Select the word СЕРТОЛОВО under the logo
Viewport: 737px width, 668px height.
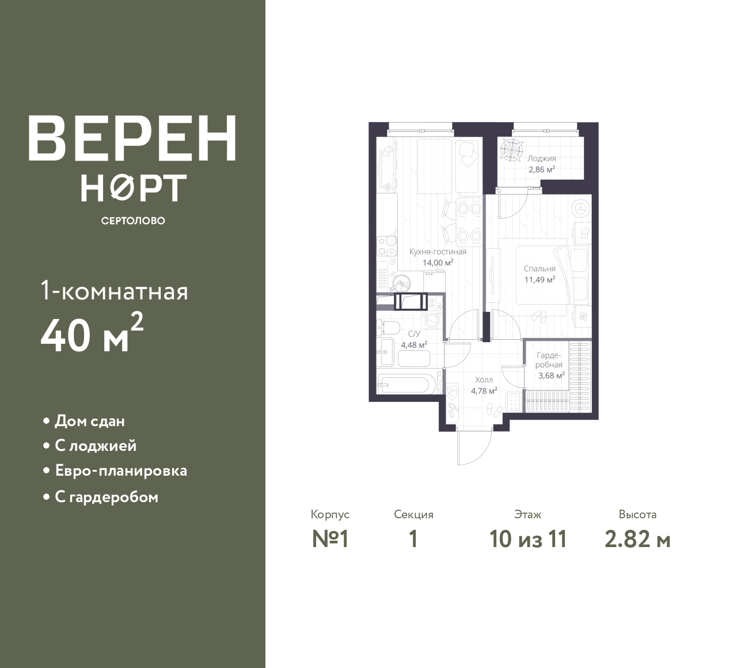pyautogui.click(x=133, y=221)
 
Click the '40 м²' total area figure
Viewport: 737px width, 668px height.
pyautogui.click(x=92, y=333)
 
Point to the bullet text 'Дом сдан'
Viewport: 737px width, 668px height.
pyautogui.click(x=90, y=421)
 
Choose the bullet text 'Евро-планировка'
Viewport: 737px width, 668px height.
pyautogui.click(x=121, y=470)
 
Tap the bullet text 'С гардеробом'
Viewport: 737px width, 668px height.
pyautogui.click(x=107, y=497)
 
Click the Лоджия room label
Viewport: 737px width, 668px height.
pyautogui.click(x=542, y=158)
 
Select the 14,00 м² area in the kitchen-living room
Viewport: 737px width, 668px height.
pyautogui.click(x=438, y=263)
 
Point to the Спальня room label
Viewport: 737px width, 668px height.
pyautogui.click(x=540, y=268)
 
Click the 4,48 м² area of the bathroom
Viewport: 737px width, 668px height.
pyautogui.click(x=414, y=345)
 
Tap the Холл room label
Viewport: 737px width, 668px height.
pyautogui.click(x=484, y=380)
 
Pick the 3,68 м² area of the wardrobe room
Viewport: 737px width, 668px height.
pyautogui.click(x=552, y=375)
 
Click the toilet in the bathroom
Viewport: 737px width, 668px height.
pyautogui.click(x=388, y=328)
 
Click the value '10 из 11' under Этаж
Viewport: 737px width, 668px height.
pyautogui.click(x=528, y=539)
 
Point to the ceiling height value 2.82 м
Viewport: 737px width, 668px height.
pyautogui.click(x=637, y=539)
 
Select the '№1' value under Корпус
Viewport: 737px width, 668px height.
pyautogui.click(x=330, y=539)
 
